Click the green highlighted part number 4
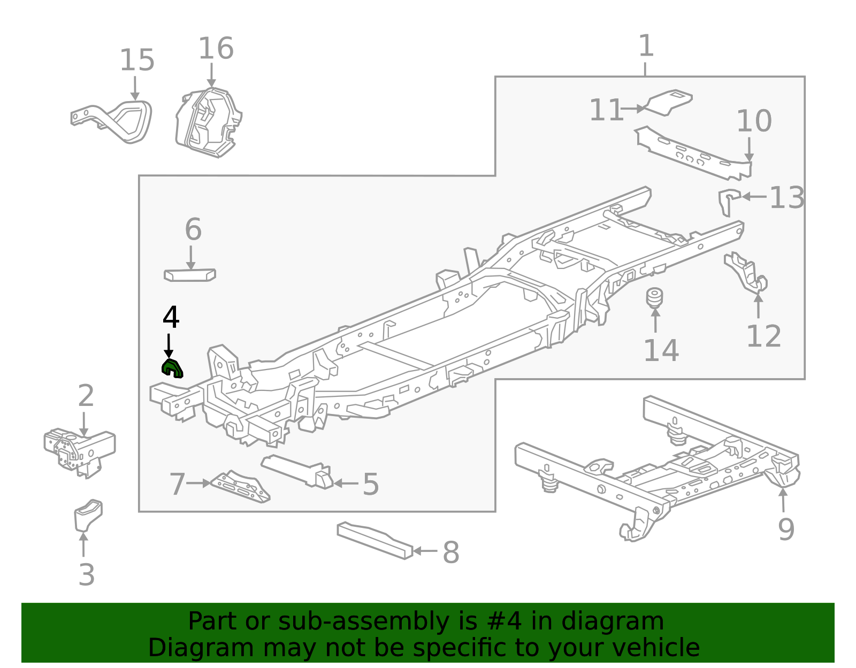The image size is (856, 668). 172,368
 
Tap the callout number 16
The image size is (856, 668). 216,49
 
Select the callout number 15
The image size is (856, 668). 137,60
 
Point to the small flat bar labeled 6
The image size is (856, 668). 189,275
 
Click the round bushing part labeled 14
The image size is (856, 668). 655,298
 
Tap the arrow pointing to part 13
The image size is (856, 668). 754,197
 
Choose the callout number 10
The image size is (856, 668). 754,121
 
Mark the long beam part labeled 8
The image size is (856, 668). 374,540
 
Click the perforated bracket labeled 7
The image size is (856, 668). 241,487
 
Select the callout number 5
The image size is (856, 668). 371,485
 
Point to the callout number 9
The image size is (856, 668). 786,529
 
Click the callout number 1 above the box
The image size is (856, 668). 646,47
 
